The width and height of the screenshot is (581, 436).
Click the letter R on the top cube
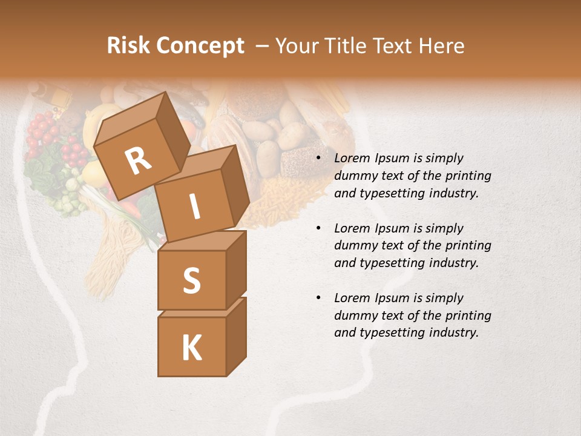pyautogui.click(x=139, y=162)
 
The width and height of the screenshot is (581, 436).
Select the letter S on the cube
pyautogui.click(x=191, y=280)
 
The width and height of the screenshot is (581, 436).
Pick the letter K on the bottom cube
pyautogui.click(x=191, y=348)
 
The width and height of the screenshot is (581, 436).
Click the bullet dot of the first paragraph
pyautogui.click(x=318, y=159)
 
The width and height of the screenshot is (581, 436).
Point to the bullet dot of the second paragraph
pyautogui.click(x=318, y=228)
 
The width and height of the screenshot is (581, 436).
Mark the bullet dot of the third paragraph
pyautogui.click(x=318, y=298)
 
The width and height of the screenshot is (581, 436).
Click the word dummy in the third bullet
pyautogui.click(x=353, y=315)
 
